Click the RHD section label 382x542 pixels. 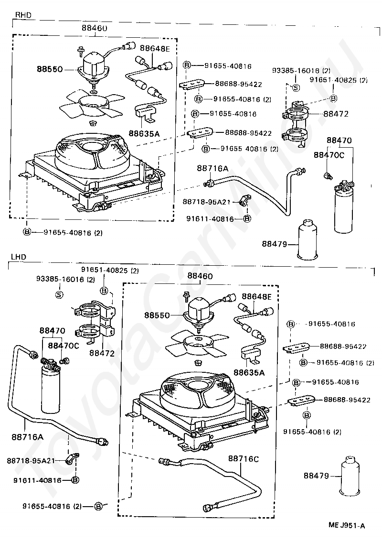(x=23, y=15)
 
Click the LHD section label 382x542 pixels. (x=18, y=257)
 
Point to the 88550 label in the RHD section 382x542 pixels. (x=50, y=69)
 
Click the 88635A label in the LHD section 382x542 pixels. (x=248, y=371)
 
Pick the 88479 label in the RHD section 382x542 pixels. (x=274, y=244)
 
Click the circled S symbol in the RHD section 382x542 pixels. (x=295, y=87)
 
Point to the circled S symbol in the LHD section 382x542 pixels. (x=60, y=294)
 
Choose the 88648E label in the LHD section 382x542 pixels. (x=256, y=297)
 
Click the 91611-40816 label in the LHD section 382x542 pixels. (x=37, y=480)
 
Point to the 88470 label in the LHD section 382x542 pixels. (x=52, y=330)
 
